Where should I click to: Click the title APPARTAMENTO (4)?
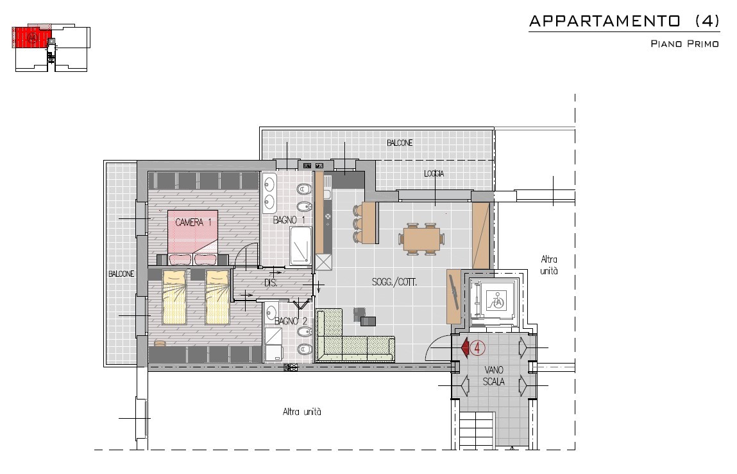[624, 21]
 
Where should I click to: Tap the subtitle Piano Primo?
[684, 44]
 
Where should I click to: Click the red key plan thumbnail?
[32, 37]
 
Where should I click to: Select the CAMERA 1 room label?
[193, 222]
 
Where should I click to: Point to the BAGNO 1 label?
[289, 220]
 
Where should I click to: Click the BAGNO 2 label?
[291, 321]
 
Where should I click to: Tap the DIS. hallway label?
[271, 283]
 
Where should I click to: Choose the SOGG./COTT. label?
[394, 283]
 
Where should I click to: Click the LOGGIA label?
[434, 173]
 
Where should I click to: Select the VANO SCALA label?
[493, 376]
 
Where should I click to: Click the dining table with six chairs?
[421, 239]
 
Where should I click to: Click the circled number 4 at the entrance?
[478, 348]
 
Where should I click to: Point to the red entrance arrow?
[465, 348]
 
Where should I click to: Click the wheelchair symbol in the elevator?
[495, 300]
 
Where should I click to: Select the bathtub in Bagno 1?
[300, 246]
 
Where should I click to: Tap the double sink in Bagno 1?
[269, 193]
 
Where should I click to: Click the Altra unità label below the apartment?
[302, 412]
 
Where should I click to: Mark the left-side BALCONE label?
[121, 274]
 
